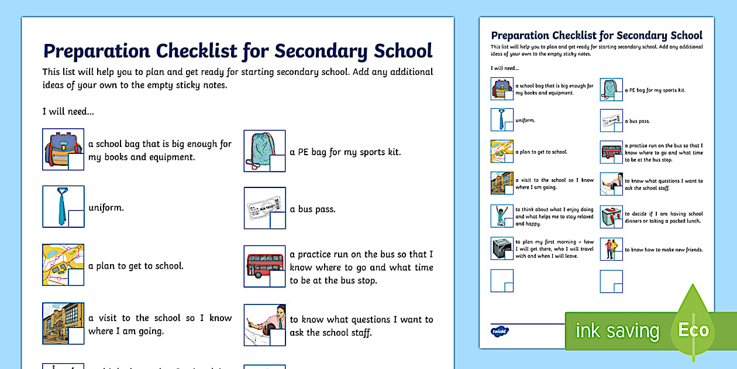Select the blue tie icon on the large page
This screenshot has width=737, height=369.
coord(61,206)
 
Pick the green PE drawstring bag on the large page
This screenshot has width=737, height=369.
coord(261,150)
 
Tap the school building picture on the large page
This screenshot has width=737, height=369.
coord(57,322)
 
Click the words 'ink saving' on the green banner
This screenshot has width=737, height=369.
coord(617,331)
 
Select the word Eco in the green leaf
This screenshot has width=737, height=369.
coord(694,329)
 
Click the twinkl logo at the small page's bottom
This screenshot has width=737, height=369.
coord(499,330)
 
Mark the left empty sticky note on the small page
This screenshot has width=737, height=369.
coord(502,281)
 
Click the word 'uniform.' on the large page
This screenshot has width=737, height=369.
coord(106,207)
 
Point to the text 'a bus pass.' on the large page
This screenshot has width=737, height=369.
coord(312,209)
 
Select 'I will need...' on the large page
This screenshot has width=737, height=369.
coord(68,111)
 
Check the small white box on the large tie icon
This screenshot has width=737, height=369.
coord(76,218)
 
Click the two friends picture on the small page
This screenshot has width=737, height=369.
coord(611,249)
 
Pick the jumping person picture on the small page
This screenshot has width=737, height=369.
coord(501,216)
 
